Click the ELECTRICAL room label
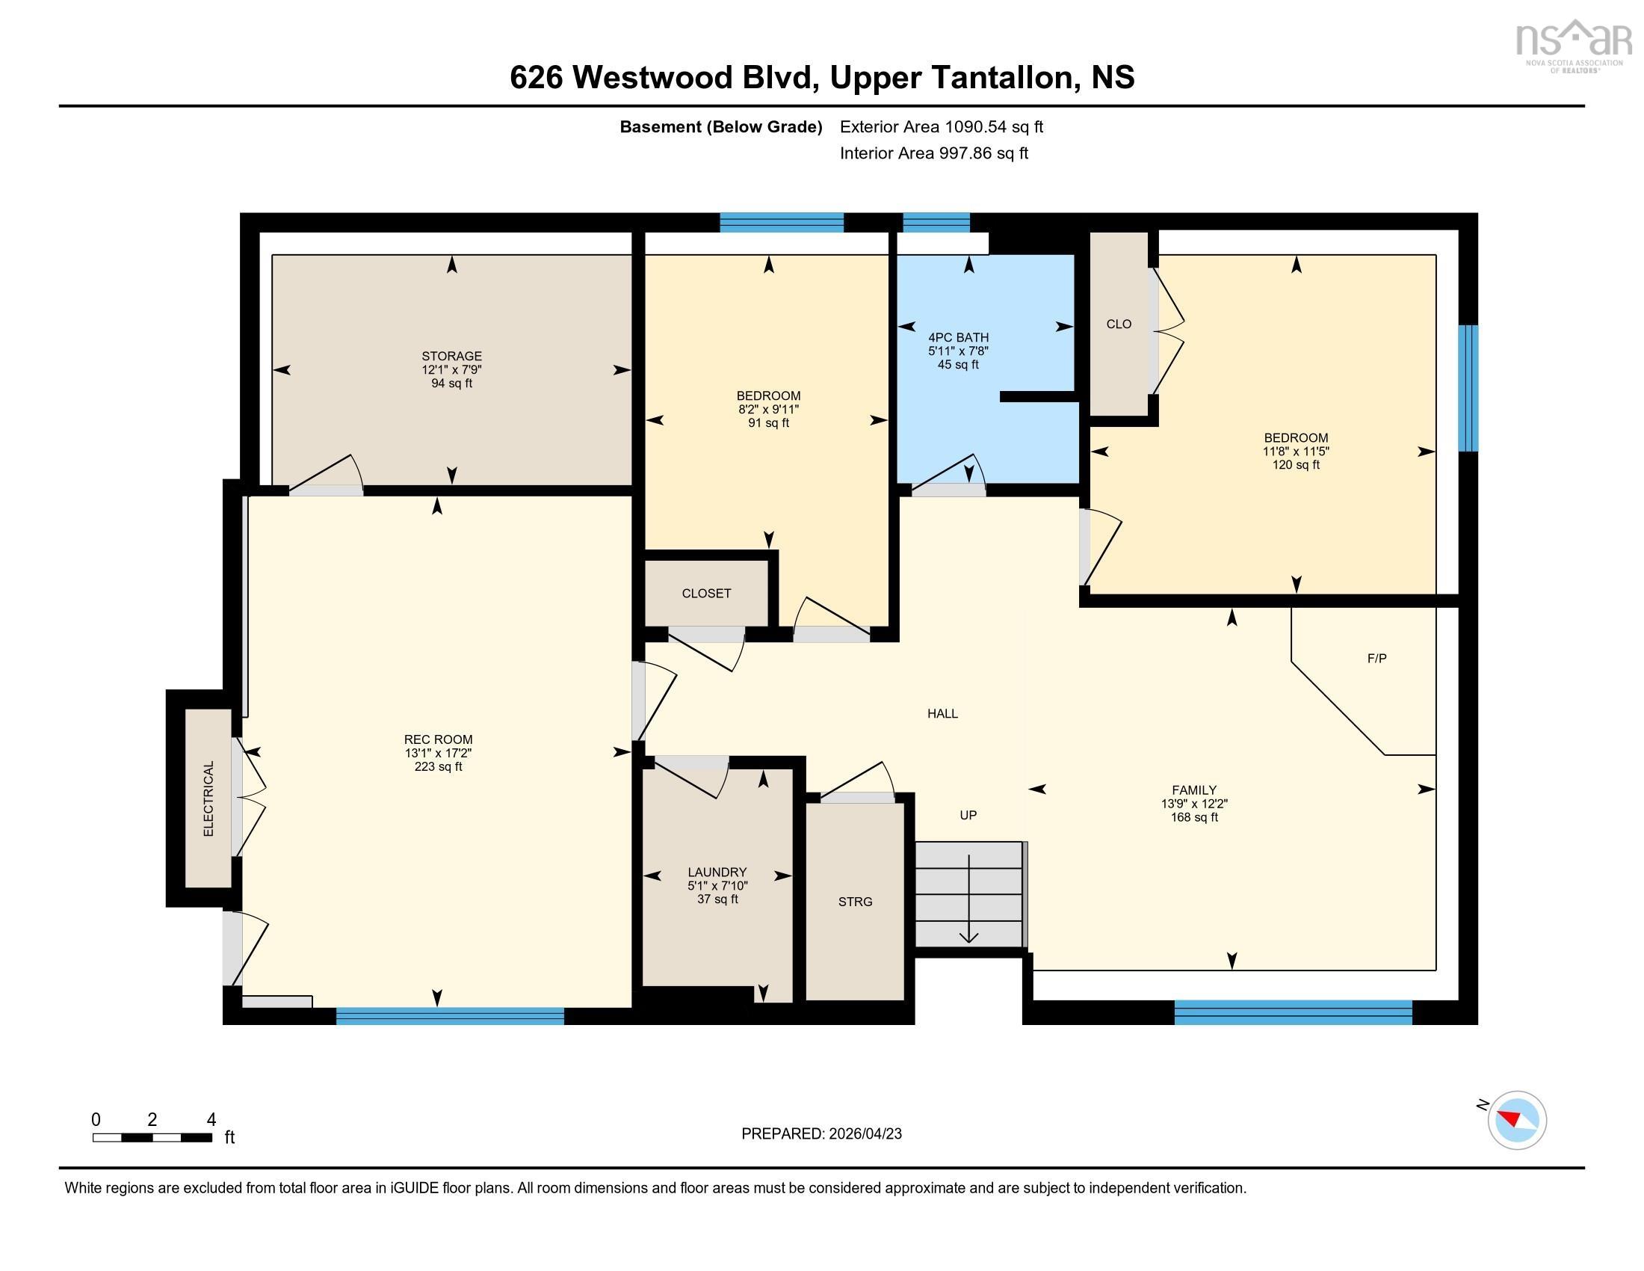point(208,799)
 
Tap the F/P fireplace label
point(1376,658)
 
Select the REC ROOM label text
point(438,739)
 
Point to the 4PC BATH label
point(958,337)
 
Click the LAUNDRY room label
point(717,872)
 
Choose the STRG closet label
point(855,902)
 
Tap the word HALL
point(942,713)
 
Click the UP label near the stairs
point(968,815)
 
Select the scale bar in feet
point(152,1138)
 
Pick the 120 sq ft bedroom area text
point(1296,464)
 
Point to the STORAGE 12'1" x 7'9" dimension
point(451,369)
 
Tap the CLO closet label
point(1119,324)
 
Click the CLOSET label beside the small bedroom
point(706,594)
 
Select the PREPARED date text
point(821,1134)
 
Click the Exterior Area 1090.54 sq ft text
point(942,126)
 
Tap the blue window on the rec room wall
point(450,1016)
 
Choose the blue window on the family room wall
point(1294,1013)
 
